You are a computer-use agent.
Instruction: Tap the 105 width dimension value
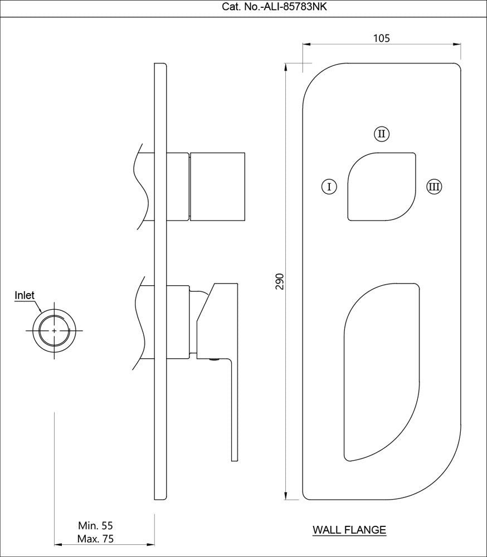tap(381, 38)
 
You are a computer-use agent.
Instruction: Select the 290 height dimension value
tap(280, 281)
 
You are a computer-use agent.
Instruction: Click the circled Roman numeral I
tap(329, 186)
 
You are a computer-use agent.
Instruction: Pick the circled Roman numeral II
tap(381, 134)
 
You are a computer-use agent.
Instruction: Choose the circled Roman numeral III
tap(434, 186)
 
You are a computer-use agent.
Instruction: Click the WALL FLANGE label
tap(349, 530)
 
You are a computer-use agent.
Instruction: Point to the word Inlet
tap(25, 296)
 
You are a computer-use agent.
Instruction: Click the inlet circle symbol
tap(54, 331)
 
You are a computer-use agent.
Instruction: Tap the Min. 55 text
tap(96, 525)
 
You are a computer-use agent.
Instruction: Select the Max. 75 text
tap(96, 539)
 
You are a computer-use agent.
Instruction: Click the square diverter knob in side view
tap(217, 186)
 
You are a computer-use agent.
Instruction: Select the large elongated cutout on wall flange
tap(382, 370)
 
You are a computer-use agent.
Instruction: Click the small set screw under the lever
tap(212, 361)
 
